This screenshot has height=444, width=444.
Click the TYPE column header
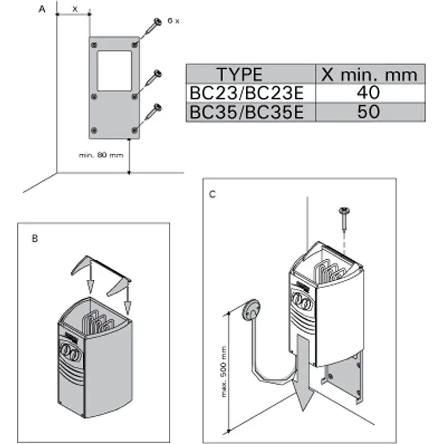239,74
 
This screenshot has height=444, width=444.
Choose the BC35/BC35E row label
246,112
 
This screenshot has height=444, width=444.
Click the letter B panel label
35,239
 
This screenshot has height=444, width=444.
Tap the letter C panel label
213,194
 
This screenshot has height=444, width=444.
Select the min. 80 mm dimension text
100,155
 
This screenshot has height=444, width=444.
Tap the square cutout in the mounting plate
114,70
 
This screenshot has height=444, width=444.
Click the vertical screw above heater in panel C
344,219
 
